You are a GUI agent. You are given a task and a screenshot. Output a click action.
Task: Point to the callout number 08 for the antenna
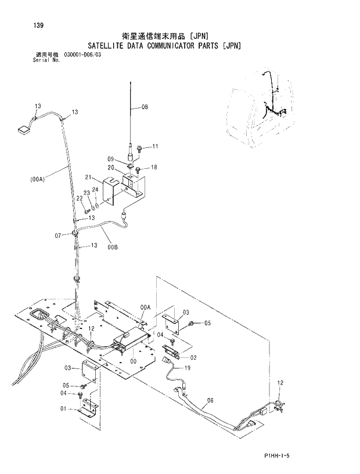(145, 107)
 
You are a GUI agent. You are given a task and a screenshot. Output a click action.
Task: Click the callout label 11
(155, 147)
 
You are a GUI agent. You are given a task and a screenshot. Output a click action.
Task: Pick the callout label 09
(110, 158)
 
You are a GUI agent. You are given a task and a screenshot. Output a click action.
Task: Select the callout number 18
(154, 167)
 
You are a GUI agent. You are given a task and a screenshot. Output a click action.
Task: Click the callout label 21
(89, 177)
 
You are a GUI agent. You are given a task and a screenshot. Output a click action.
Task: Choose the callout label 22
(80, 198)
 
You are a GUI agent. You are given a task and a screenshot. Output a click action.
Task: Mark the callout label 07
(58, 235)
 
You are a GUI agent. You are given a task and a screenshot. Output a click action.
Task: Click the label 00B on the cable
(112, 247)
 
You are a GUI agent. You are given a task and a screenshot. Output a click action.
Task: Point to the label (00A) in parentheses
(37, 179)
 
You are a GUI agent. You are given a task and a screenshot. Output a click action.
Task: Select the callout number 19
(188, 368)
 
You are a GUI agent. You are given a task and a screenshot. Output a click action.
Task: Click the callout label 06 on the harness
(210, 400)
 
